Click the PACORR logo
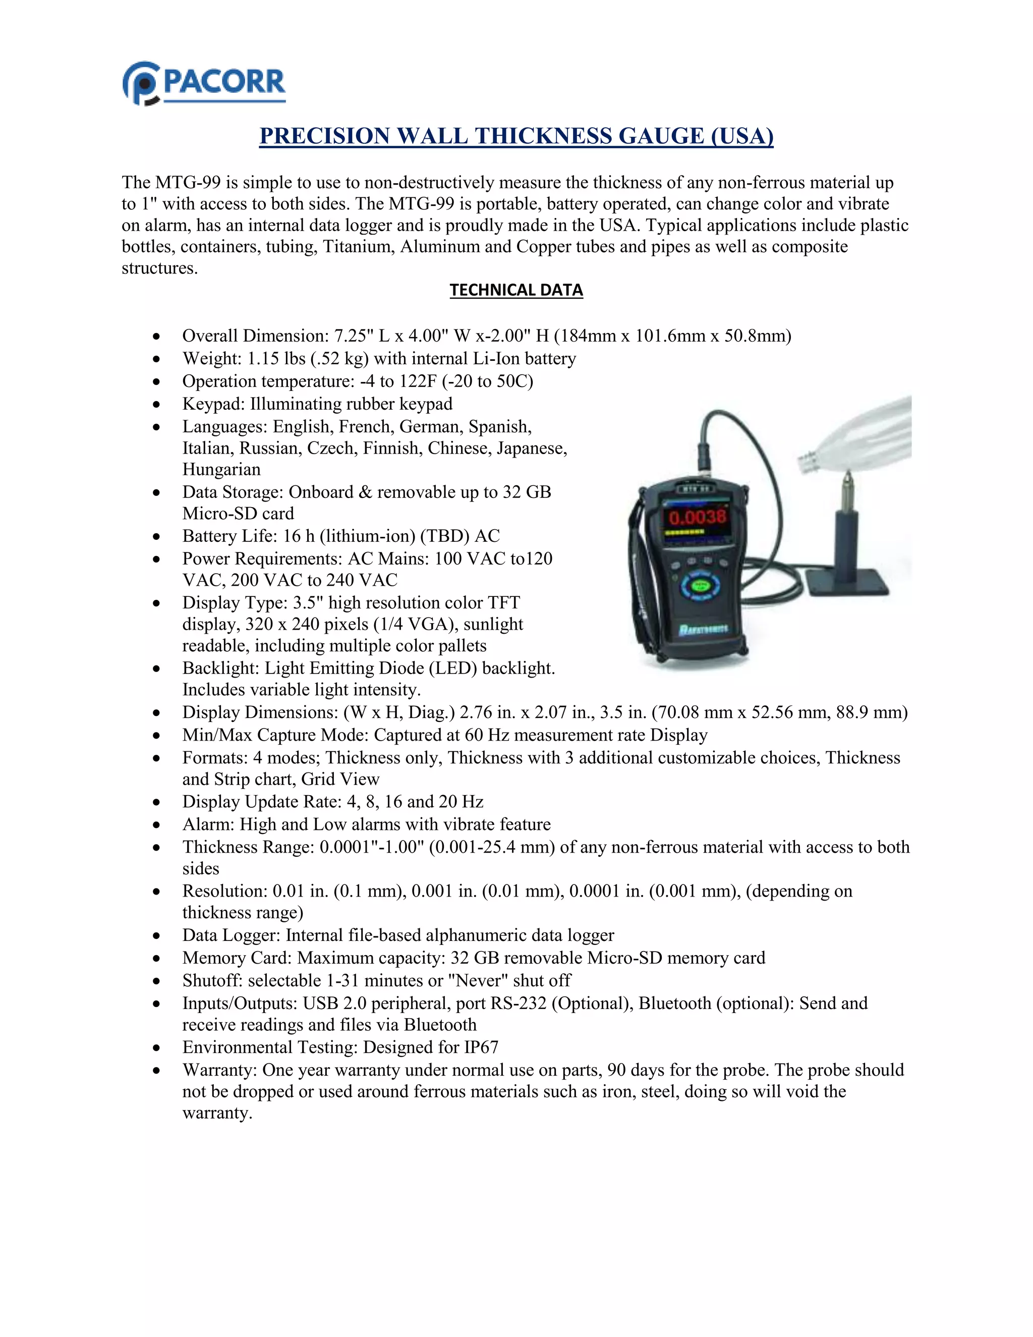coord(204,83)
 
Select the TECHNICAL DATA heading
coord(516,290)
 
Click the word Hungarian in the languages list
coord(221,470)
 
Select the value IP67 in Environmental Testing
coord(481,1047)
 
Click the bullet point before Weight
coord(157,359)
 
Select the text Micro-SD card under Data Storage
coord(238,514)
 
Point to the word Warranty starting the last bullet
coord(219,1070)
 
